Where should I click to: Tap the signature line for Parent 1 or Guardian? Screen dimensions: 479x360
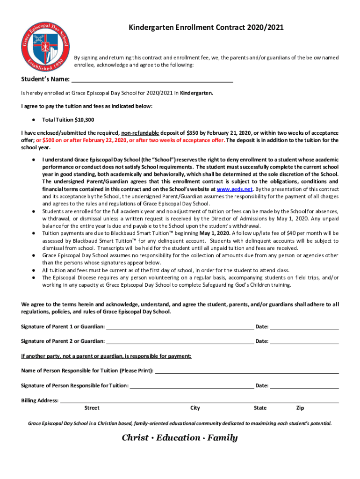180,326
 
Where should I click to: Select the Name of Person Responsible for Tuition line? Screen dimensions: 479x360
246,370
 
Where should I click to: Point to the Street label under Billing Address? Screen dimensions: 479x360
92,408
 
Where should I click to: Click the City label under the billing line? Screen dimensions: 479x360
195,408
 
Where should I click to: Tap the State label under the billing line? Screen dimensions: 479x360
260,408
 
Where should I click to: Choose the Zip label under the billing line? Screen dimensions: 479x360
300,408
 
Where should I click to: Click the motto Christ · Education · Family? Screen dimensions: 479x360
180,438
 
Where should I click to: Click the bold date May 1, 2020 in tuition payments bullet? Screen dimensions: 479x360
215,233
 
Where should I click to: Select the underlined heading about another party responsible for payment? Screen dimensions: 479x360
106,356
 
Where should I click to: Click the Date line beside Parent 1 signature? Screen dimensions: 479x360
304,326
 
